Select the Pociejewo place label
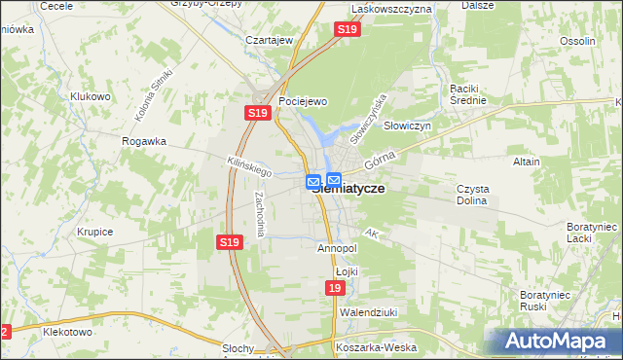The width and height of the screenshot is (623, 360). [x=302, y=101]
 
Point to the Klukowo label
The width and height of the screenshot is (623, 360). [x=91, y=96]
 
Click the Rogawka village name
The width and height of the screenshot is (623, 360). [x=144, y=141]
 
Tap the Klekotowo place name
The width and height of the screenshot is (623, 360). [x=67, y=332]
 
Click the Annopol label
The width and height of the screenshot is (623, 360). [x=337, y=248]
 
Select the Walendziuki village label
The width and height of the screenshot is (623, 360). [x=365, y=313]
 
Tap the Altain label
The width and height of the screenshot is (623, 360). [x=526, y=162]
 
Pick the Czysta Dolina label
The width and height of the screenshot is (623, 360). [x=472, y=195]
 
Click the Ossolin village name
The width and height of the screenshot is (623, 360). [x=577, y=41]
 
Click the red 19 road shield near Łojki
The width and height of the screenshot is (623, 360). [x=335, y=289]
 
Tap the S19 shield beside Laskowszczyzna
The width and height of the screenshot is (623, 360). [x=348, y=31]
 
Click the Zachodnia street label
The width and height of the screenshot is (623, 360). [x=260, y=211]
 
